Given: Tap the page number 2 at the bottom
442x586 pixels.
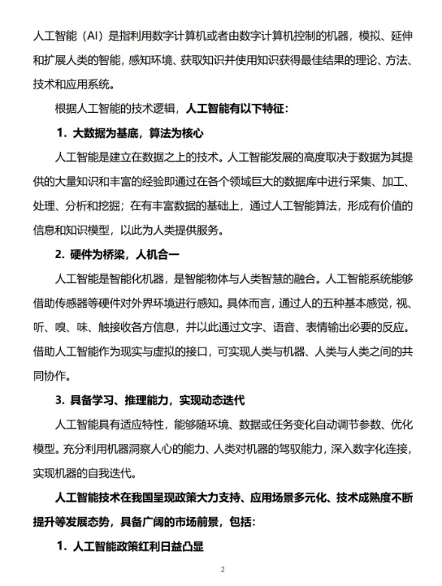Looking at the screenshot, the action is coord(221,570).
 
